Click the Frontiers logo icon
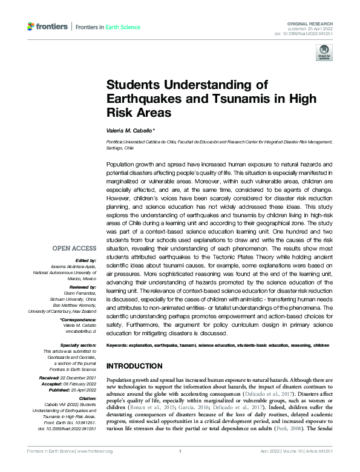[31, 27]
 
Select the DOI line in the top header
[309, 32]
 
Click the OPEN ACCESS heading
[73, 248]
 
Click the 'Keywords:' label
[119, 345]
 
